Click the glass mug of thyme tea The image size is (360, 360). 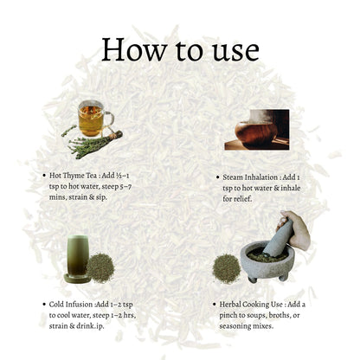tap(94, 119)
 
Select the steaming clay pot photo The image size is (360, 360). tap(257, 130)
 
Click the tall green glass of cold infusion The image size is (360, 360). tap(77, 259)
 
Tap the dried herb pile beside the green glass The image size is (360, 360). tap(100, 268)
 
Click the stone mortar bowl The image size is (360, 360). tap(267, 261)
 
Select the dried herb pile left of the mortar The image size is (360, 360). tap(227, 269)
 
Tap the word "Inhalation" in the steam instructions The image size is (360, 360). tap(261, 177)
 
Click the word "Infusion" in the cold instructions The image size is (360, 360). tap(80, 305)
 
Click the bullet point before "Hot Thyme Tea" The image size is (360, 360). tap(44, 176)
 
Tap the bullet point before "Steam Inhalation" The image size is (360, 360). tap(218, 177)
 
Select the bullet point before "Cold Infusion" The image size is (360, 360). tap(44, 305)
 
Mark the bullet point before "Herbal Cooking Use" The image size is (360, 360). tap(215, 305)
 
